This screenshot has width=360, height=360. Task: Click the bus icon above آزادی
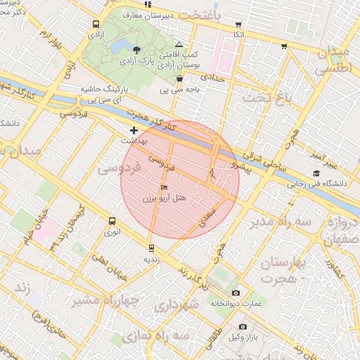[96, 24]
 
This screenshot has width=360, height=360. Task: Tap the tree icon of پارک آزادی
[136, 49]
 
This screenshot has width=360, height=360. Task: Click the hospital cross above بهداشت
[134, 130]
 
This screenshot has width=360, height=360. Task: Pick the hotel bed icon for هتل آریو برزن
[164, 188]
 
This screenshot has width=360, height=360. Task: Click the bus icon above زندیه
[151, 247]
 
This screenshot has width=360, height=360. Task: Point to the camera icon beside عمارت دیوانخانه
[235, 292]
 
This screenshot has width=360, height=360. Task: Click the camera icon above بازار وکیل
[243, 326]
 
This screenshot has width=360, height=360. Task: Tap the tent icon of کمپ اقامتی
[179, 44]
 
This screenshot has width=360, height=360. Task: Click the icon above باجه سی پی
[180, 79]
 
